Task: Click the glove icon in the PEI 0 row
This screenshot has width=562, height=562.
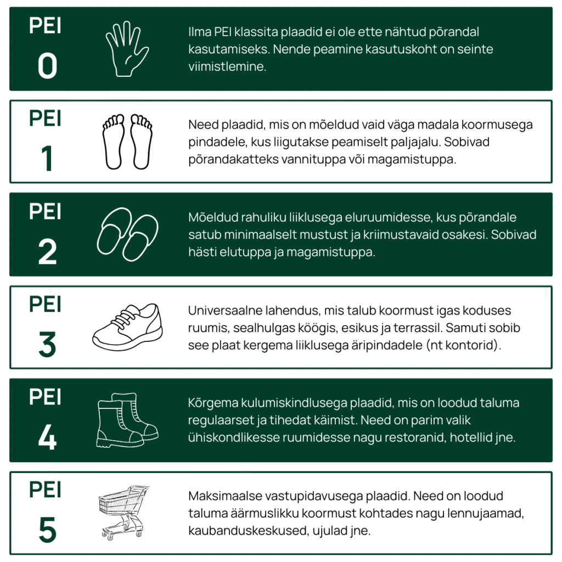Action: (x=127, y=49)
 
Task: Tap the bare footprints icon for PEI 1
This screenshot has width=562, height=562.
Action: (x=127, y=142)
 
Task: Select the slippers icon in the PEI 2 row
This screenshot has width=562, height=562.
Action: (x=127, y=234)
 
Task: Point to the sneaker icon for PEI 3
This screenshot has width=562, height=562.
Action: (x=127, y=327)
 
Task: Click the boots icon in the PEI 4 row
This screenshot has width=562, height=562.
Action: (x=127, y=420)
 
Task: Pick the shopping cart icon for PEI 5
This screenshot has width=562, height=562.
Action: (x=124, y=513)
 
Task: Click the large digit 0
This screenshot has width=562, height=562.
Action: (x=47, y=66)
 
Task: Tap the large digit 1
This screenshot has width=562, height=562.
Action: (x=47, y=159)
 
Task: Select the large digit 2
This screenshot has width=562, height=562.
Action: (x=47, y=251)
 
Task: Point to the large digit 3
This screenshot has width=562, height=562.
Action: (x=47, y=345)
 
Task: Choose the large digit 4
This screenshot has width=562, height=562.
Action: (x=47, y=437)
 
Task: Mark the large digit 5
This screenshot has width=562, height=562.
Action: (x=47, y=530)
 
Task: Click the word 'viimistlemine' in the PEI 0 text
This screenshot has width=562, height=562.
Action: (x=227, y=66)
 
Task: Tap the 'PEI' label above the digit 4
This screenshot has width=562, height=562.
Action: (x=45, y=397)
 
